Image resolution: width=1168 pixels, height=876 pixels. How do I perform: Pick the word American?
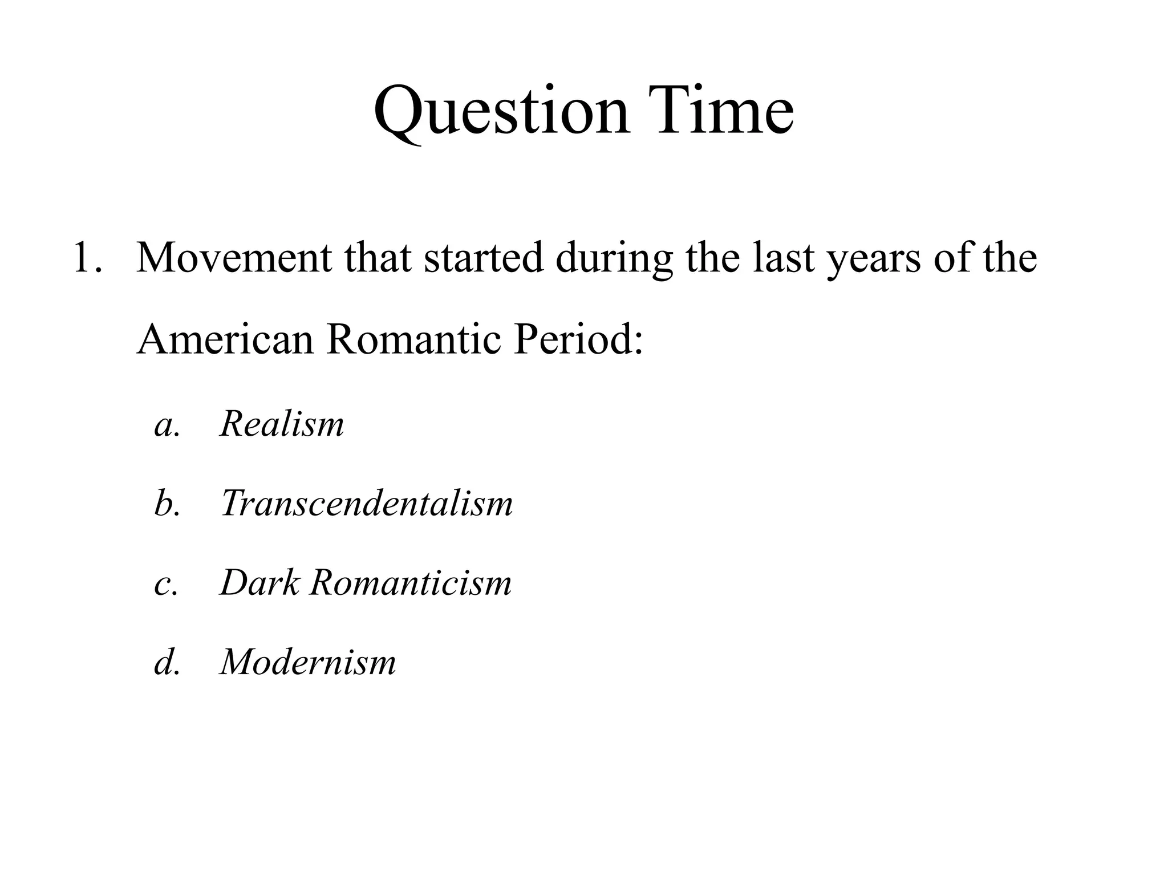coord(225,339)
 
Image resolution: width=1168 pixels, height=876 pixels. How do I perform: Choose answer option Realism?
coord(282,424)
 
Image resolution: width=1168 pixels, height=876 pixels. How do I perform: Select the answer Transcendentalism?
coord(367,504)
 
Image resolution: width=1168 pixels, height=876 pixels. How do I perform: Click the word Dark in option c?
coord(259,583)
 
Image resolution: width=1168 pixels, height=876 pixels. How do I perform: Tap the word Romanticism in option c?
coord(411,583)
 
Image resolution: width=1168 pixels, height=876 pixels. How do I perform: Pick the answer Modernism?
coord(308,662)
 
